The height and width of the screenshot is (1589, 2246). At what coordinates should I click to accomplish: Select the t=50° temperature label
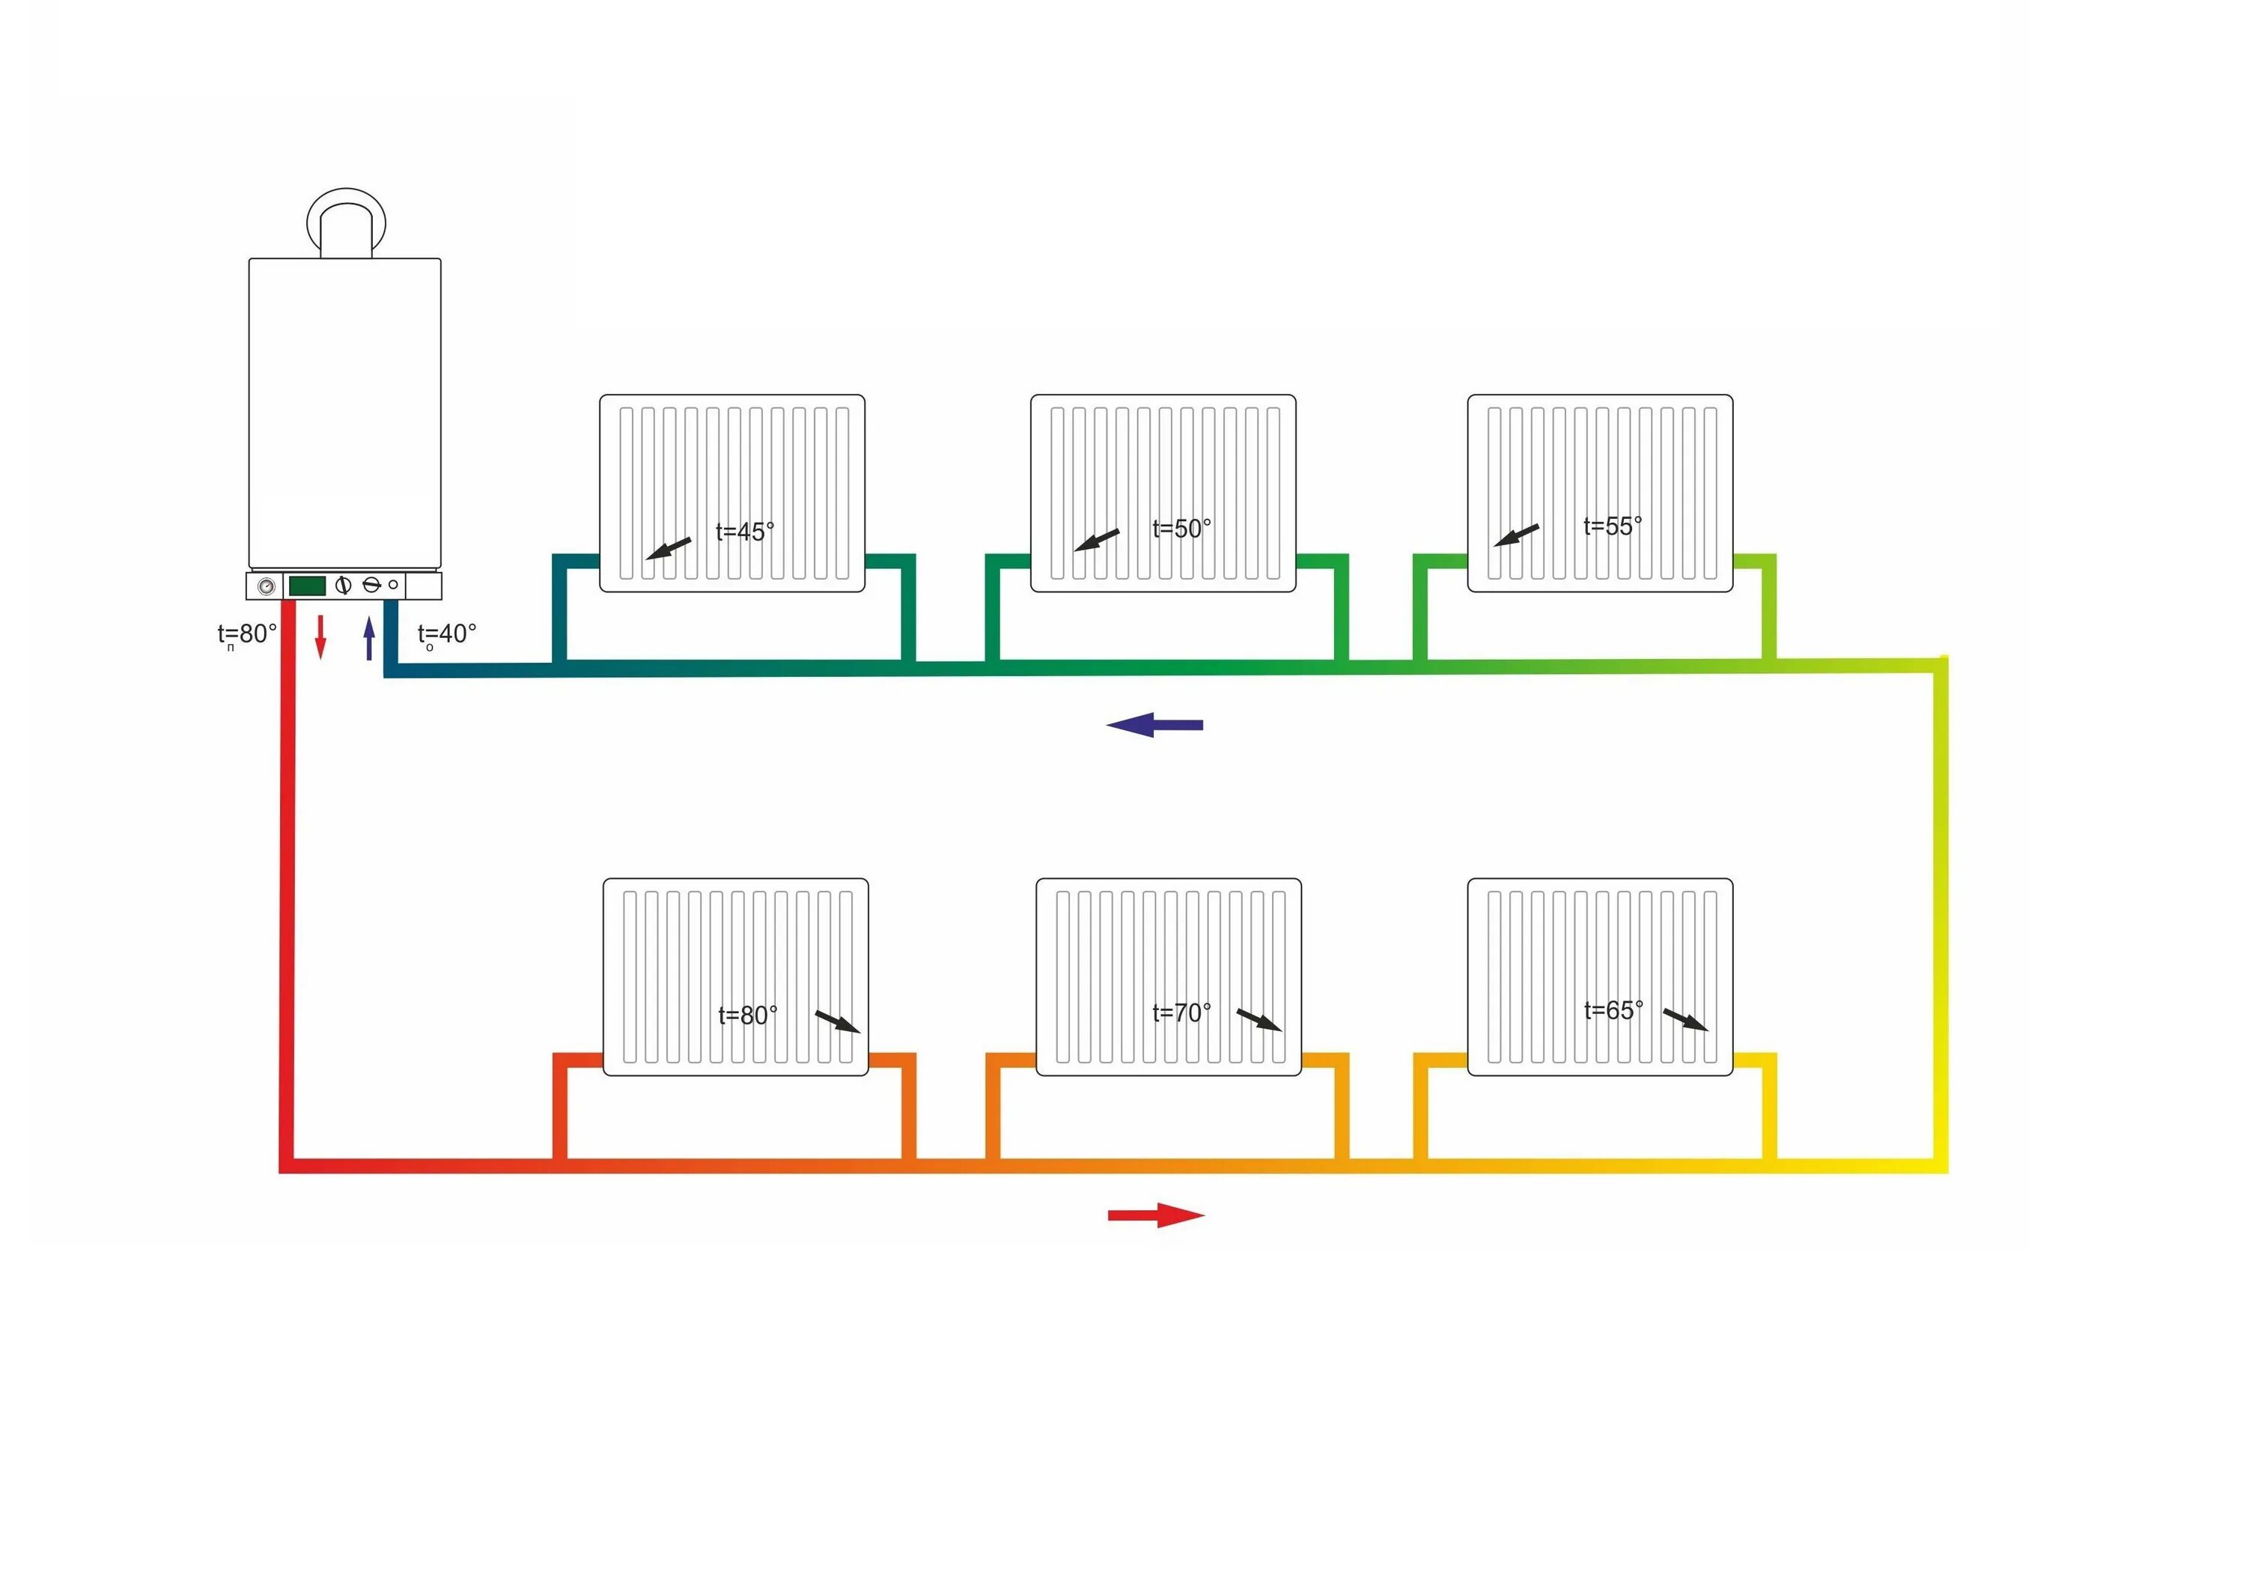[1181, 529]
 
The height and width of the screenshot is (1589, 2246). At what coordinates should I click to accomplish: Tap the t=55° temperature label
[1613, 526]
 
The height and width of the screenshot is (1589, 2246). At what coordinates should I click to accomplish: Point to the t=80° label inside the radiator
[747, 1015]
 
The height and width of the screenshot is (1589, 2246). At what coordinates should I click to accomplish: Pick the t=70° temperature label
[1181, 1012]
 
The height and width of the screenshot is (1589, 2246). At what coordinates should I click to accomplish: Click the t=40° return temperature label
[447, 635]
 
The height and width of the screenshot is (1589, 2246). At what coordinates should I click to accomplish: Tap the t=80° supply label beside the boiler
[246, 635]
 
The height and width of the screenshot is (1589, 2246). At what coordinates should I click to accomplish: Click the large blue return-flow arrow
[1154, 725]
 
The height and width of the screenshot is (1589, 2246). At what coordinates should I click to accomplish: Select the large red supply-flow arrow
[1156, 1215]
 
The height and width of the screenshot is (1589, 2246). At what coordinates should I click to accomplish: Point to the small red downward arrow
[320, 637]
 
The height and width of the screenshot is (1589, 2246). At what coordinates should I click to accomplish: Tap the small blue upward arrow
[369, 638]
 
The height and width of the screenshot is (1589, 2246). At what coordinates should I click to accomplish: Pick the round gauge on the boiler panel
[266, 587]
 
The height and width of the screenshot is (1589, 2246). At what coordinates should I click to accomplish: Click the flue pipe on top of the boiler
[347, 223]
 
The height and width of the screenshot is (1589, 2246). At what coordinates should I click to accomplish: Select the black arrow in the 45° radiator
[668, 549]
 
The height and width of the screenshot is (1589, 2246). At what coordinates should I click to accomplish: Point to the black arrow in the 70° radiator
[1259, 1021]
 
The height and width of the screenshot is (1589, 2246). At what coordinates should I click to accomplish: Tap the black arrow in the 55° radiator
[1516, 536]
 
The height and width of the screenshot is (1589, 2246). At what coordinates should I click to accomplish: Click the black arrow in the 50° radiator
[1097, 540]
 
